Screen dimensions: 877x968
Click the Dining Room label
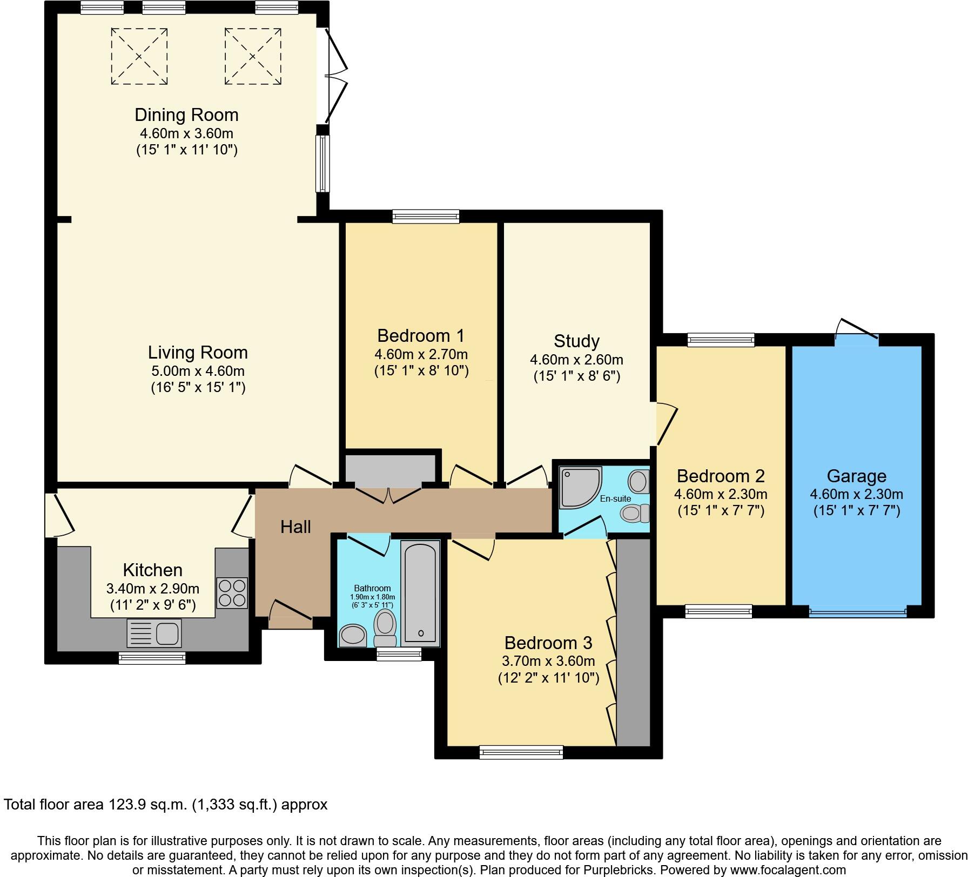(x=186, y=115)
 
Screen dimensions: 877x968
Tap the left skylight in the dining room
(x=139, y=56)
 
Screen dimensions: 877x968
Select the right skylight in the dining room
(x=253, y=56)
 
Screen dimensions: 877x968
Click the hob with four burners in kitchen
(x=232, y=593)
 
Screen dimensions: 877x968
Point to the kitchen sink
(x=154, y=633)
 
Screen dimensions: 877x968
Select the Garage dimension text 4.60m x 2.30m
(x=856, y=494)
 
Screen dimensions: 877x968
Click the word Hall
(x=295, y=527)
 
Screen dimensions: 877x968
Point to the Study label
(x=576, y=341)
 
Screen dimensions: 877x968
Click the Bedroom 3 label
(x=548, y=643)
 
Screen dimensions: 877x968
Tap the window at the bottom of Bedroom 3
(x=521, y=752)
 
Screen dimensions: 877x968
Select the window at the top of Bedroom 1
(x=426, y=217)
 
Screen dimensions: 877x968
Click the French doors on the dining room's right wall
(x=334, y=76)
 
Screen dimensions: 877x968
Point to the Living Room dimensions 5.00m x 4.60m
(x=198, y=371)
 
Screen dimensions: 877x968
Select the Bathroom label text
(x=372, y=588)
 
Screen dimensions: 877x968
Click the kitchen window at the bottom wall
(x=152, y=658)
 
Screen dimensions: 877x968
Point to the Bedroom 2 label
(x=721, y=476)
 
